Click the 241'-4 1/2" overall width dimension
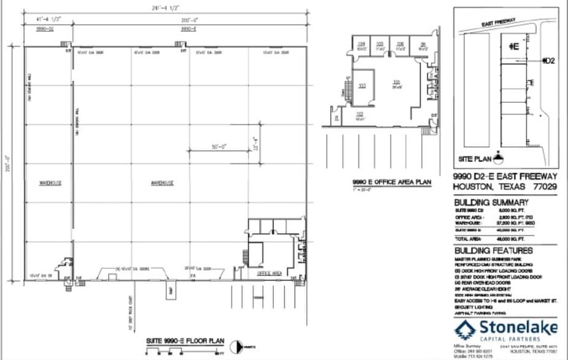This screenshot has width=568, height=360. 159,9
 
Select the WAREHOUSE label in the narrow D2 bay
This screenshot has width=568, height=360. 48,182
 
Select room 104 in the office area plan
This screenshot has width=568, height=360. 362,43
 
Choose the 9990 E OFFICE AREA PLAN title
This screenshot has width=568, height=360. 392,182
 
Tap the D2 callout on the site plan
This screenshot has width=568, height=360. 550,61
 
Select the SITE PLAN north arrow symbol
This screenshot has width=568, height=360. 498,157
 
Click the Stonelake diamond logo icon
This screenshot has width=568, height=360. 464,329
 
